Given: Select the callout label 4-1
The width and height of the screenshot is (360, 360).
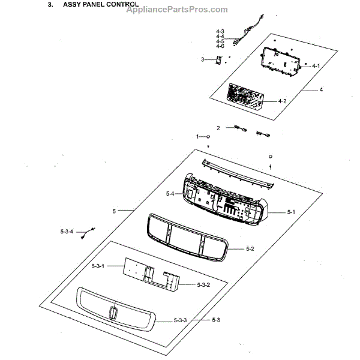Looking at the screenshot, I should pyautogui.click(x=316, y=65).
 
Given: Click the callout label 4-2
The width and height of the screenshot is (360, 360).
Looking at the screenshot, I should pyautogui.click(x=281, y=101).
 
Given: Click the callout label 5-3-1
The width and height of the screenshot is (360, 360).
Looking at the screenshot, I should pyautogui.click(x=98, y=265).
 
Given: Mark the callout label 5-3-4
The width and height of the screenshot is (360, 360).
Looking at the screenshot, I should pyautogui.click(x=66, y=231).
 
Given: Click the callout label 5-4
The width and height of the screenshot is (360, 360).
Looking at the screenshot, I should pyautogui.click(x=170, y=194).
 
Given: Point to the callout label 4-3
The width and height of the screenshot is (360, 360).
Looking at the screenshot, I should pyautogui.click(x=220, y=31).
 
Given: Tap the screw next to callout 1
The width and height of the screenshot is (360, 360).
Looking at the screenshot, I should pyautogui.click(x=208, y=137).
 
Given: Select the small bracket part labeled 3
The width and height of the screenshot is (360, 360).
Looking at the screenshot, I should pyautogui.click(x=219, y=60).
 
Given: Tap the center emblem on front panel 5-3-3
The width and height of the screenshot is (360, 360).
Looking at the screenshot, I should pyautogui.click(x=113, y=313).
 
